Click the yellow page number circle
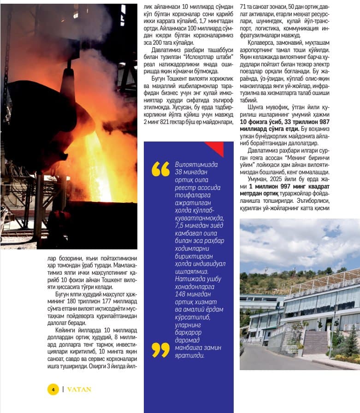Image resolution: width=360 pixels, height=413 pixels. tap(53, 389)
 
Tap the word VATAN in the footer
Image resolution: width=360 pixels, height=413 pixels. tap(79, 389)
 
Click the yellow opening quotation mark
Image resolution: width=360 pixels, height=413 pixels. tap(160, 169)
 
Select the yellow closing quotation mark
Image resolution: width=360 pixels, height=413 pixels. tap(160, 350)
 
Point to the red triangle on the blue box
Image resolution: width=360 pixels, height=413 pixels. tap(216, 148)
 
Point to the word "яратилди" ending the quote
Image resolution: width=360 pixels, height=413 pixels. tap(190, 355)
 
